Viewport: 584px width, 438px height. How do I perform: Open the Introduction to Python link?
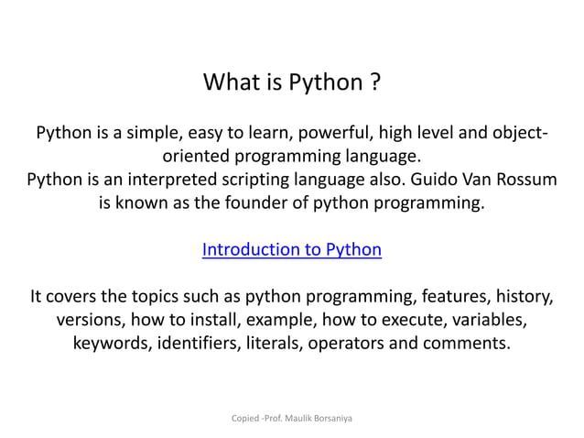click(x=291, y=249)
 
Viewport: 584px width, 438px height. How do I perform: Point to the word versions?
click(x=90, y=321)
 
